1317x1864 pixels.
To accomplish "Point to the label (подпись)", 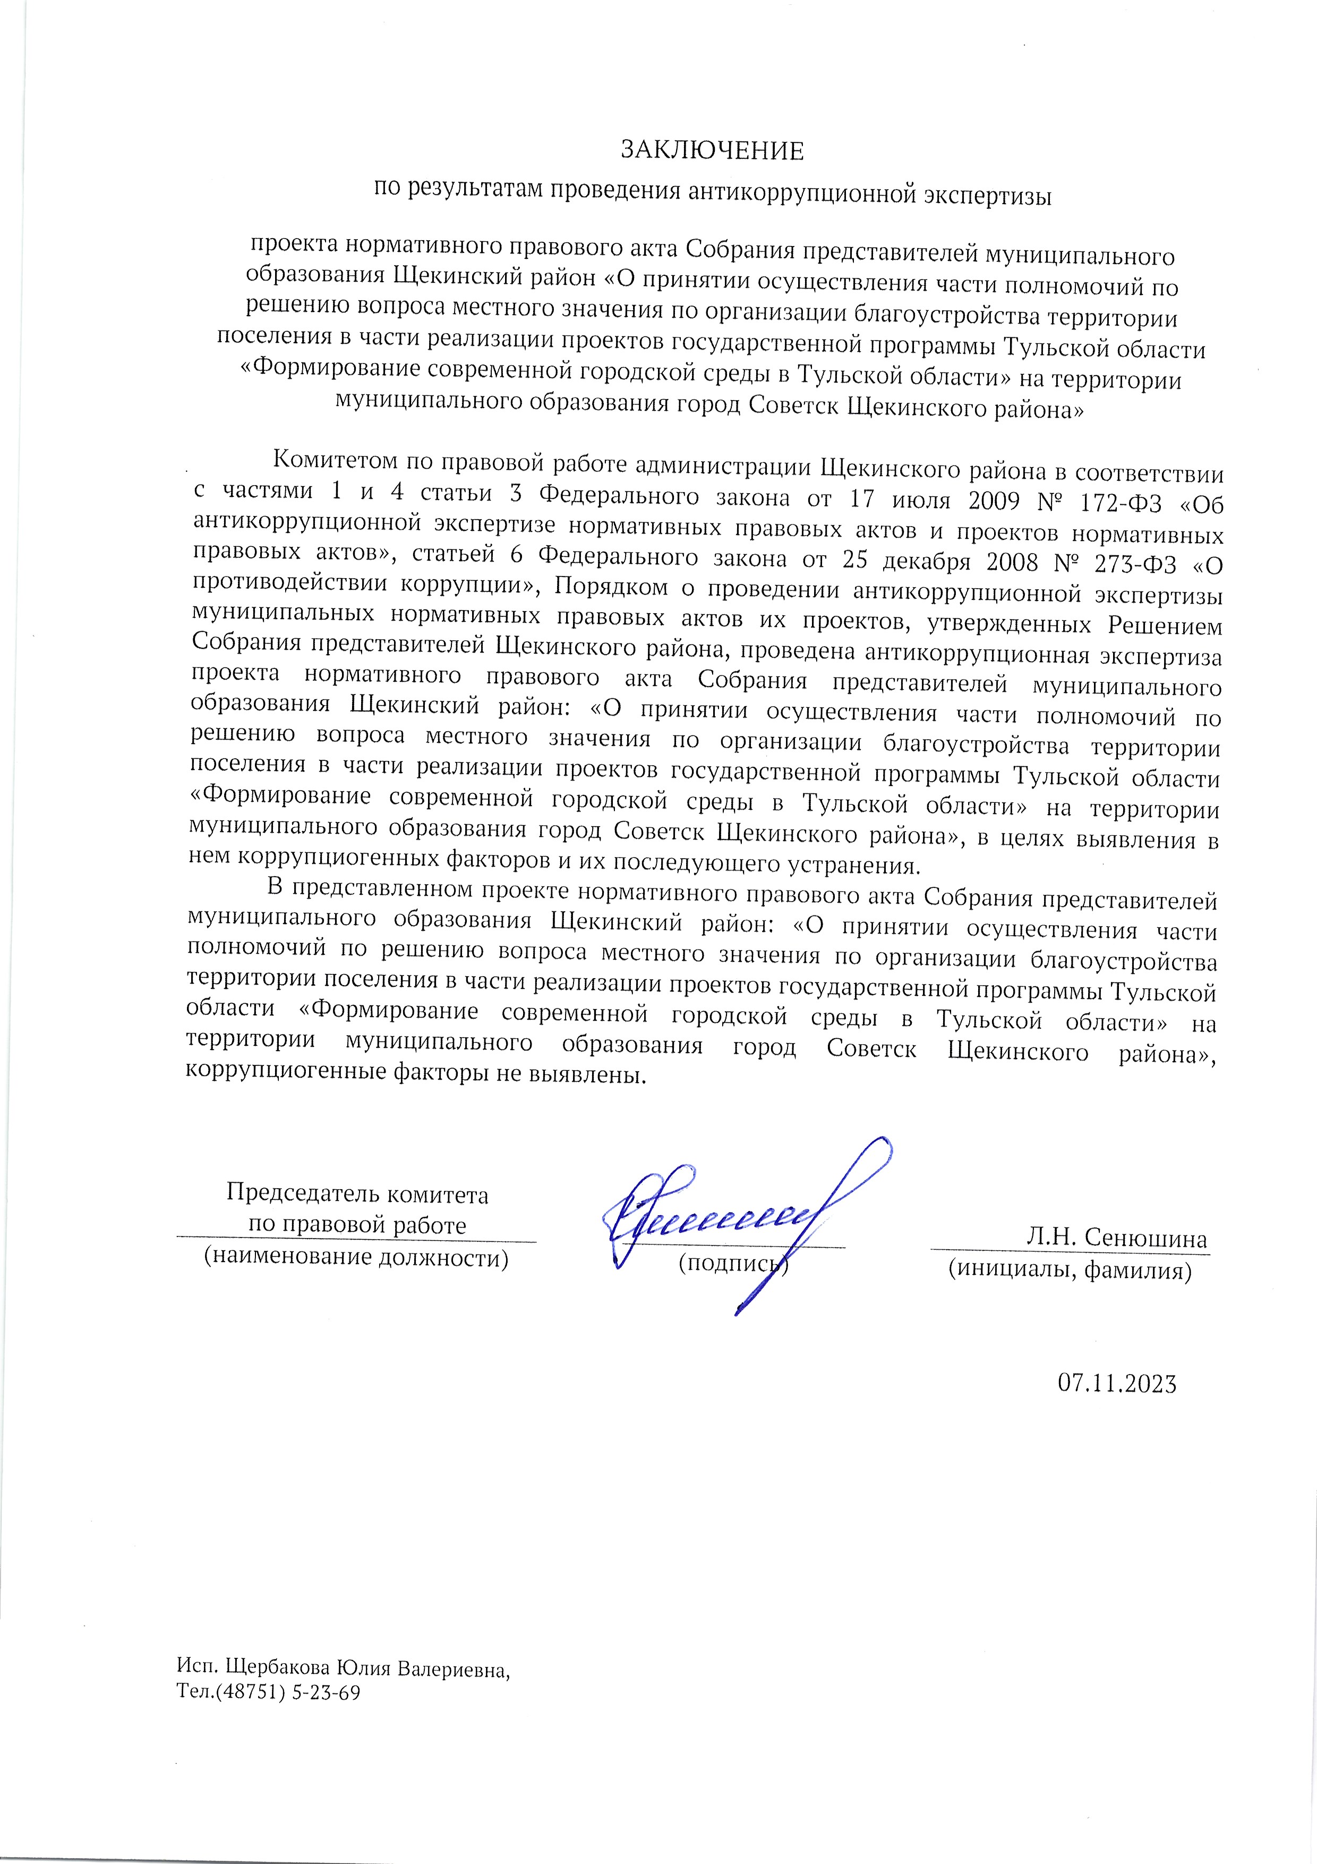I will click(733, 1263).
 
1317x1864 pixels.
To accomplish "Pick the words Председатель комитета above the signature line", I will click(357, 1194).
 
